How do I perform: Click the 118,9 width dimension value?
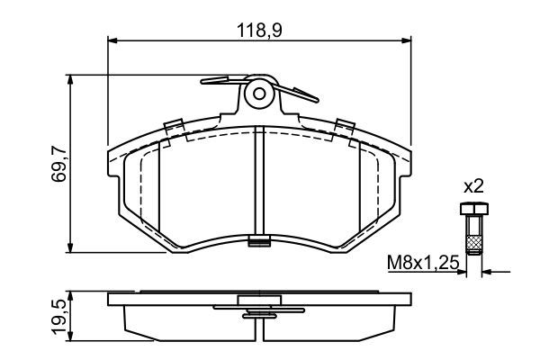tap(260, 31)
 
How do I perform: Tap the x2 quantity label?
tap(473, 187)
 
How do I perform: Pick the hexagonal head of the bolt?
tap(472, 211)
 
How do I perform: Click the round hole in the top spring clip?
tap(259, 93)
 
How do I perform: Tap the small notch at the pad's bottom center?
tap(259, 240)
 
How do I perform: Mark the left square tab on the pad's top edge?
tap(175, 124)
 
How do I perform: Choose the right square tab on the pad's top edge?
tap(343, 124)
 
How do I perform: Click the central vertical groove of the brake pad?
tap(259, 180)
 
